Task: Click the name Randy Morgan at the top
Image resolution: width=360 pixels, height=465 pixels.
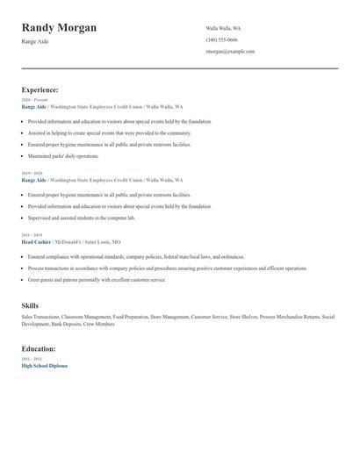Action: click(59, 28)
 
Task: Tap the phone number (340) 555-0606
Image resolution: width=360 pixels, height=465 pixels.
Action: click(221, 39)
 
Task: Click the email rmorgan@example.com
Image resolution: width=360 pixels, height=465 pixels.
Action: click(230, 51)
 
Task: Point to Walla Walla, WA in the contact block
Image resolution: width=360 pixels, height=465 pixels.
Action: click(223, 28)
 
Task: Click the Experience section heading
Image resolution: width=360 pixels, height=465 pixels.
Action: click(40, 89)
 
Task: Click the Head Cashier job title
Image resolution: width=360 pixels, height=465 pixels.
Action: click(36, 241)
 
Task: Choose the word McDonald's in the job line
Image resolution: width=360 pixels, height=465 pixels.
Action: click(68, 241)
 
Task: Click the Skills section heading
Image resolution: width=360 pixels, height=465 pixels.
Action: click(30, 305)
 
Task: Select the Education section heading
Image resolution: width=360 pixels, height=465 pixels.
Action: click(39, 348)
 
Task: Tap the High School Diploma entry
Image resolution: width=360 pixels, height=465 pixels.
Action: click(44, 365)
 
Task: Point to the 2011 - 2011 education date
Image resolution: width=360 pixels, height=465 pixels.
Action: click(31, 359)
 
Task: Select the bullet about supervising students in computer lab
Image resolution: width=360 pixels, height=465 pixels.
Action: click(82, 218)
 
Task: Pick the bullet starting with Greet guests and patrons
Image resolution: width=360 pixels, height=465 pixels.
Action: click(97, 279)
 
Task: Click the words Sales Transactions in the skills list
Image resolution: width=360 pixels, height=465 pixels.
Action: click(40, 317)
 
